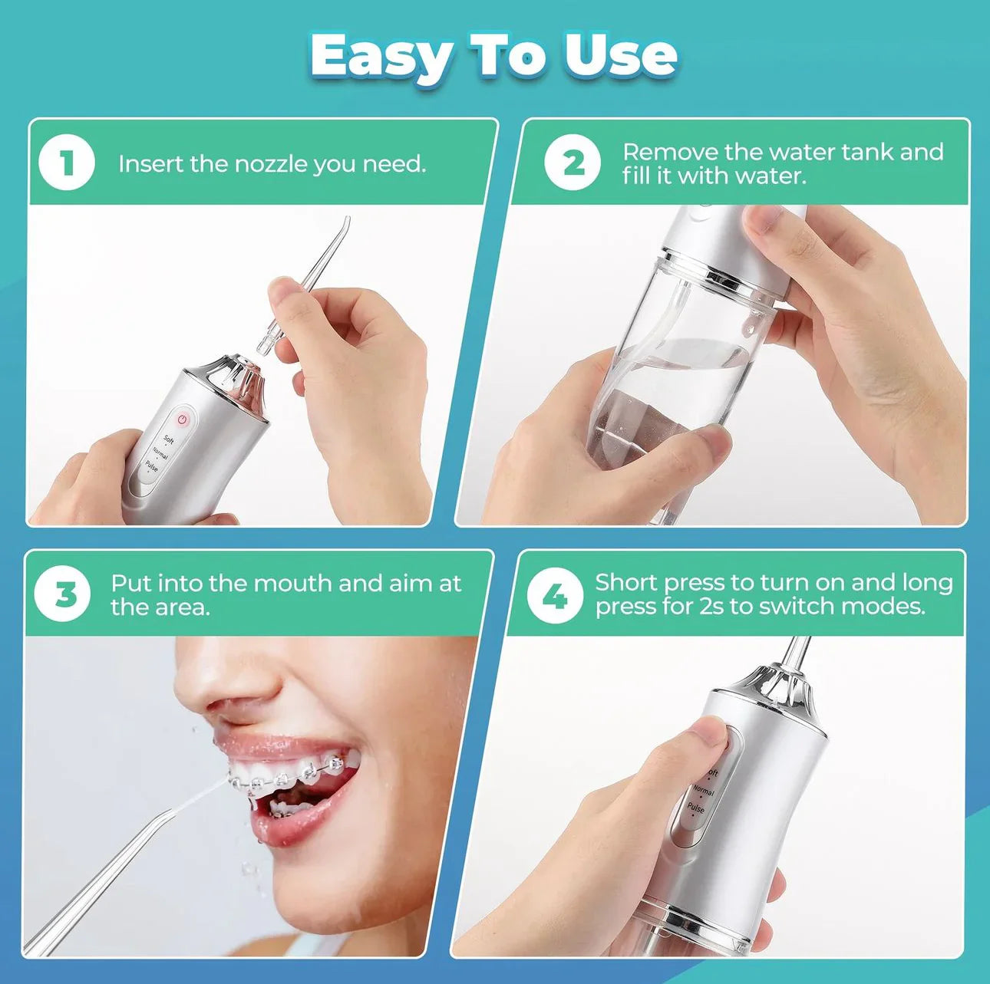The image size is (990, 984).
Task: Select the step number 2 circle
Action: coord(573,163)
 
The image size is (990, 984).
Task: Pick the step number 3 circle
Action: coord(63,594)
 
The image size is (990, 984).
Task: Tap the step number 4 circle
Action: coord(555,596)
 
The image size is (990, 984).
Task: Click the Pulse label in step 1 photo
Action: coord(151,466)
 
